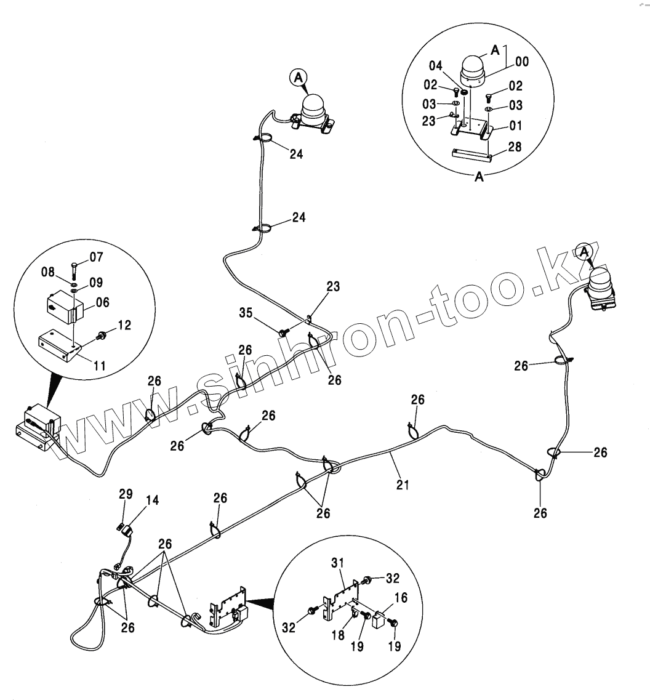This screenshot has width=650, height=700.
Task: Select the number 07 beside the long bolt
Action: pyautogui.click(x=97, y=257)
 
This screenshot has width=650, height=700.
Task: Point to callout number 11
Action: pyautogui.click(x=99, y=366)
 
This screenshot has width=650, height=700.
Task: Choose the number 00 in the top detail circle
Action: pyautogui.click(x=522, y=62)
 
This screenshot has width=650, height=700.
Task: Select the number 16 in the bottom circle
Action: pyautogui.click(x=400, y=598)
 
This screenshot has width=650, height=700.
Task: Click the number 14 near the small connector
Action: pyautogui.click(x=151, y=500)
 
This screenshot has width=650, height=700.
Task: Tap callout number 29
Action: pyautogui.click(x=126, y=494)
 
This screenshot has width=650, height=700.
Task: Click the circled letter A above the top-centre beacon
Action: pyautogui.click(x=298, y=78)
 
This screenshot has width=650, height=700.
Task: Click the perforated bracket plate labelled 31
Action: pyautogui.click(x=339, y=598)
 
